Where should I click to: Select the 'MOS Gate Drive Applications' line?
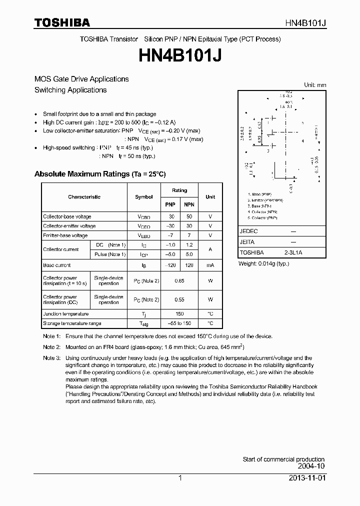tap(81, 79)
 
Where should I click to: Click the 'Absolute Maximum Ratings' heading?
tap(99, 174)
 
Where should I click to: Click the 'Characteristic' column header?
tap(84, 197)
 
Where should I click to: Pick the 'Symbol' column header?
tap(143, 197)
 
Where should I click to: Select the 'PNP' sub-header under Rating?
tap(170, 204)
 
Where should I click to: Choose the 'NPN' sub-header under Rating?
tap(189, 204)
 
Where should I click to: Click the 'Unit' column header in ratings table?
tap(210, 197)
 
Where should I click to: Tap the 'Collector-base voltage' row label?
tap(67, 217)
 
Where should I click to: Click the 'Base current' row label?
tap(56, 265)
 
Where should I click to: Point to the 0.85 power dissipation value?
tap(179, 281)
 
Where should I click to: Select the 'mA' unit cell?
tap(210, 265)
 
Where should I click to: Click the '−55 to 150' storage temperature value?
tap(179, 323)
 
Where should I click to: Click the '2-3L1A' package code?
tap(293, 253)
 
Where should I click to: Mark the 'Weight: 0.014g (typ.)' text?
tap(263, 263)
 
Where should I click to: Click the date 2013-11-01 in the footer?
tap(306, 478)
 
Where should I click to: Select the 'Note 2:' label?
tap(51, 347)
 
